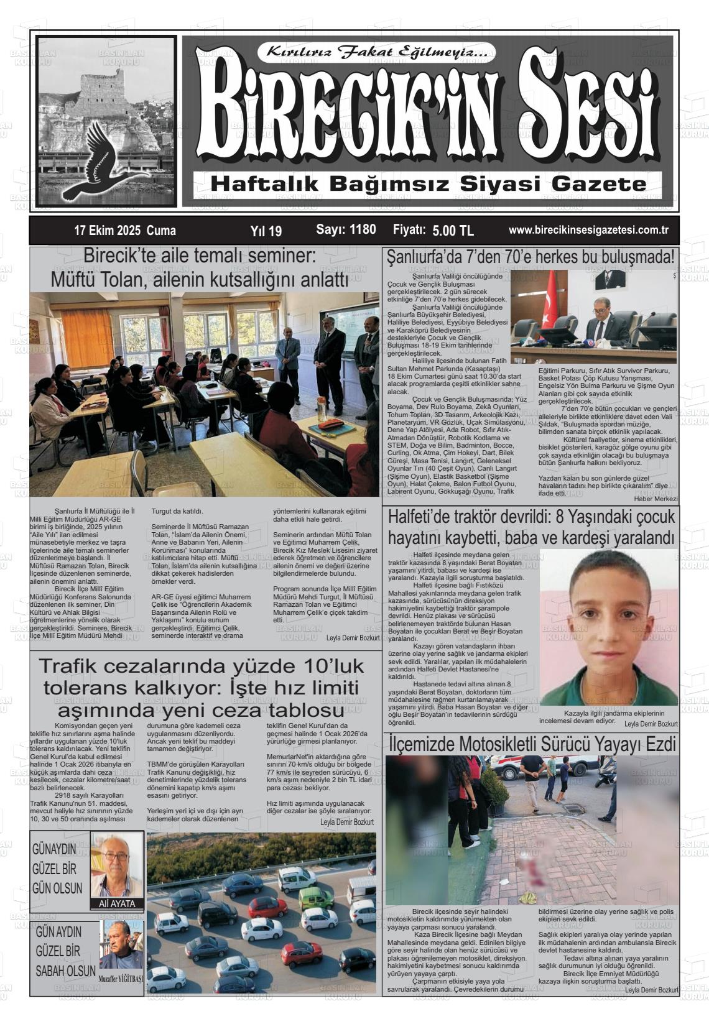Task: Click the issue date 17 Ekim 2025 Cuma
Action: [x=124, y=231]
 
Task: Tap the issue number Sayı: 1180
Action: [x=346, y=229]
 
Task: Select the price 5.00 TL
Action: [x=453, y=231]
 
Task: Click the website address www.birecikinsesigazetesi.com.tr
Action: [x=588, y=230]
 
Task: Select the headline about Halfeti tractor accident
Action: [x=531, y=527]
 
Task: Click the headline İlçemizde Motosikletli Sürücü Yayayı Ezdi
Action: [x=532, y=743]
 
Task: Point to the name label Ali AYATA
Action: [x=117, y=903]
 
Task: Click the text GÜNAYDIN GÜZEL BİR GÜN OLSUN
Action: [x=58, y=869]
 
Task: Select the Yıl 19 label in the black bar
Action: [x=266, y=231]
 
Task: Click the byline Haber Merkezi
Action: [x=656, y=499]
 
